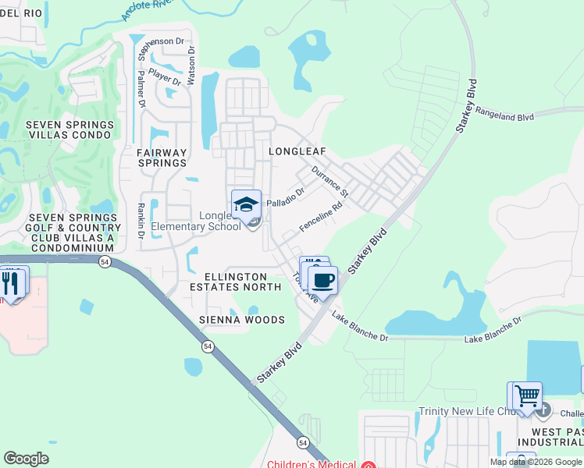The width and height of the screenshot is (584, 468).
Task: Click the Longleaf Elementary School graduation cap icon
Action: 246,204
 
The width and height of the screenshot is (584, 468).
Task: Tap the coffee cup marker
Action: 322,279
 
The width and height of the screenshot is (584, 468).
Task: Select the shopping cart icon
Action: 527,395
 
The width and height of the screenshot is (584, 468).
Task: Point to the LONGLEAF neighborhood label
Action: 297,151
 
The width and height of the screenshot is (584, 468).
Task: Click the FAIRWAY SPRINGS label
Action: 162,158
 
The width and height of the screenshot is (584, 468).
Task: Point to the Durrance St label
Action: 329,180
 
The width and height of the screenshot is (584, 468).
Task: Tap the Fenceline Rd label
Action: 322,218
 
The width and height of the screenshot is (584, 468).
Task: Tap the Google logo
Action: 26,459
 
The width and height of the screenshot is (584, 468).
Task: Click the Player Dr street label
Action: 166,78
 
